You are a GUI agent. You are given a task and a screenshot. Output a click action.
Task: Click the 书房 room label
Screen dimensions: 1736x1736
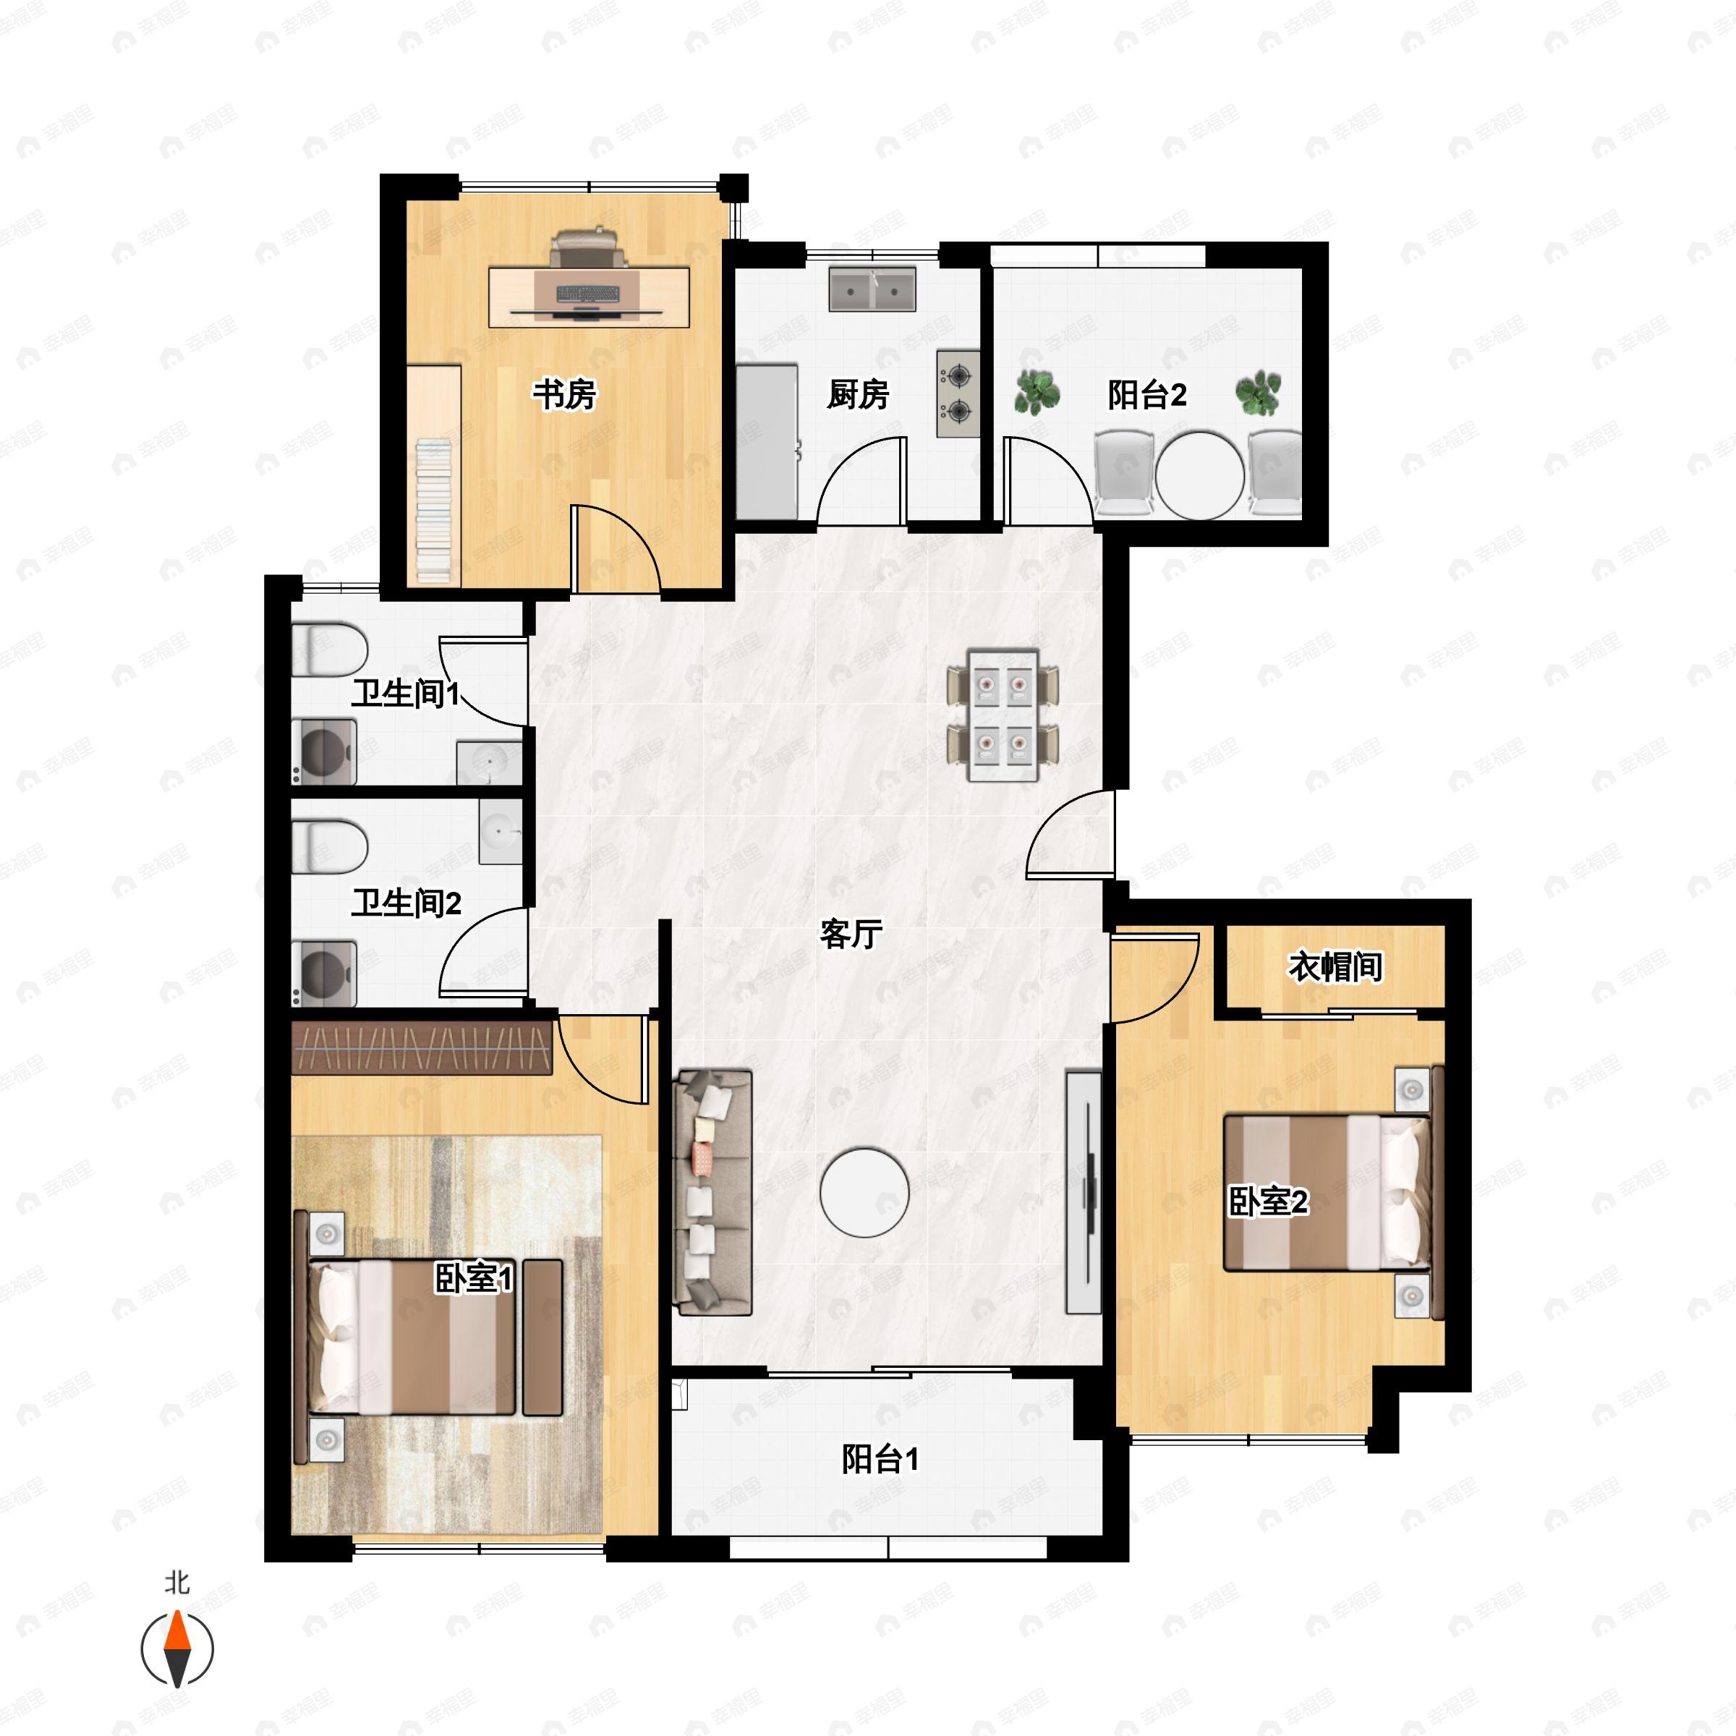click(x=564, y=394)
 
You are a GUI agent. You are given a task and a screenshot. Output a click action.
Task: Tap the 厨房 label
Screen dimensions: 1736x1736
click(x=858, y=394)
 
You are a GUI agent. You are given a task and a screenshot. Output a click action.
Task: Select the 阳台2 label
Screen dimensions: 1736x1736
click(x=1146, y=394)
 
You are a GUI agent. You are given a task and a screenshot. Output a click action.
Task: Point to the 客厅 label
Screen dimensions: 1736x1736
click(x=850, y=935)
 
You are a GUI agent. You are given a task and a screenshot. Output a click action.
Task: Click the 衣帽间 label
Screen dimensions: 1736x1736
click(x=1335, y=967)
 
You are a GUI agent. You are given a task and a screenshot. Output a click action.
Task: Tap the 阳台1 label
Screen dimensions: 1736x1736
click(x=880, y=1459)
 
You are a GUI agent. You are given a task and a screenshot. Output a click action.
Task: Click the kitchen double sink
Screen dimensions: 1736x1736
click(x=872, y=289)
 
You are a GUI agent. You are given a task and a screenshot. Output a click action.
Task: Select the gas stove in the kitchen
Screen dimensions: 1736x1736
click(x=958, y=393)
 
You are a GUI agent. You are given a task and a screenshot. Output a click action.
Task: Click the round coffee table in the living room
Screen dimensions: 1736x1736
click(x=864, y=1193)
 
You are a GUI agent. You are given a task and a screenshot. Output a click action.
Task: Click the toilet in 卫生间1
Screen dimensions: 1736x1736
click(x=330, y=650)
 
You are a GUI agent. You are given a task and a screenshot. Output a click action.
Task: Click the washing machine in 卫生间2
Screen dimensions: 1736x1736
click(x=324, y=973)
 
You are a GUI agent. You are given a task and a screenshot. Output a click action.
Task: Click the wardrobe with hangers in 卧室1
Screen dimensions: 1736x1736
click(x=422, y=1047)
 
